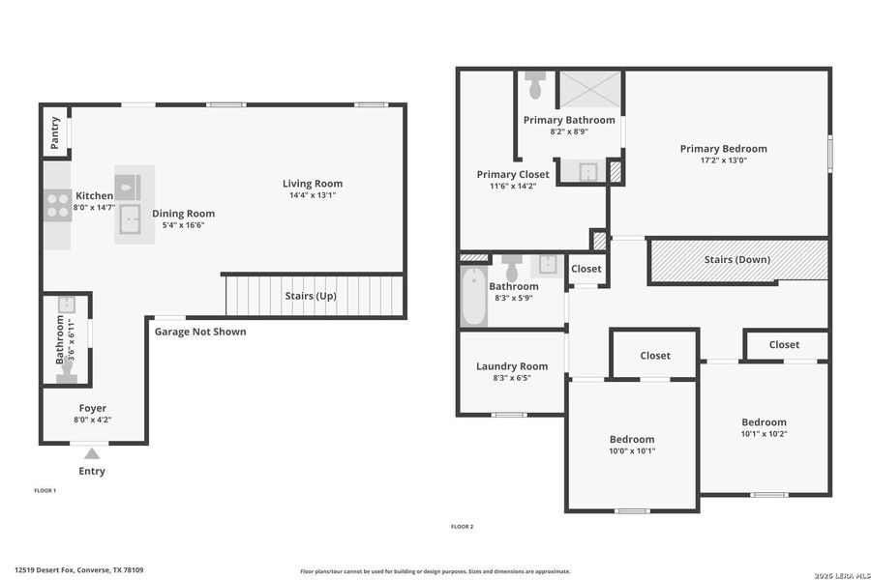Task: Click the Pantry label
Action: (x=55, y=131)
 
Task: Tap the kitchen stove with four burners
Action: (x=57, y=205)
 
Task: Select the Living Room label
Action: (x=312, y=184)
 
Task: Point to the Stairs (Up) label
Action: (x=311, y=296)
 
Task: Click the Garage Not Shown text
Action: (x=200, y=332)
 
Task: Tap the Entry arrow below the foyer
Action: (x=91, y=453)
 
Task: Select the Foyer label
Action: (x=93, y=408)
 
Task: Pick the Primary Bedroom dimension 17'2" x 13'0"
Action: (x=723, y=160)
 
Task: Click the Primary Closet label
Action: (x=513, y=175)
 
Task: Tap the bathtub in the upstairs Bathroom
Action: (x=473, y=297)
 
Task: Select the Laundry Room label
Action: (x=512, y=366)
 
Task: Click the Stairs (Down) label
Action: (x=737, y=259)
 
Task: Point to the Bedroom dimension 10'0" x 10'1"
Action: (x=631, y=450)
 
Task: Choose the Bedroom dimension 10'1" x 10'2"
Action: (x=764, y=434)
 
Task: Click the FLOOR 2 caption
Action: (x=462, y=527)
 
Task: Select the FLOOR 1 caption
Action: (x=45, y=491)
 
